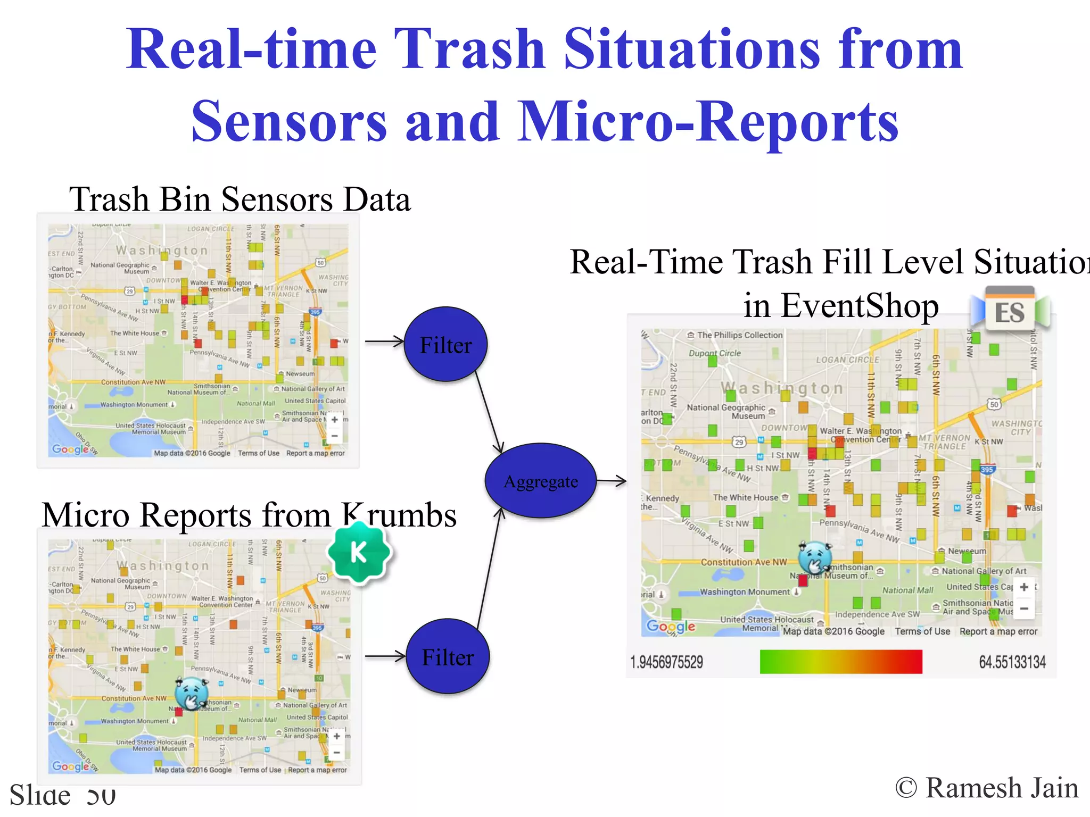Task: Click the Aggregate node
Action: [540, 481]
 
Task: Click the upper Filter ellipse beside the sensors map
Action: [445, 345]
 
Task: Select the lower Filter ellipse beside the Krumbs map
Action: [447, 657]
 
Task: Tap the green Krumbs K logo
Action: [359, 553]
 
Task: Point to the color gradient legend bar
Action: [840, 662]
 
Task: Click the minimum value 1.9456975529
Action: [666, 662]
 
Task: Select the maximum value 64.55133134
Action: [1012, 662]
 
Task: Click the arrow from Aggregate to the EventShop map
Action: [612, 481]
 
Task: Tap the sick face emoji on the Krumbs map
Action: [191, 693]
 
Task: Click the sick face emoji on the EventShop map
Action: [814, 557]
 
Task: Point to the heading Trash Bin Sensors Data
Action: [240, 199]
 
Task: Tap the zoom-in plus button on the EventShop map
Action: [1023, 587]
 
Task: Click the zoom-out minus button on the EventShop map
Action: [1023, 608]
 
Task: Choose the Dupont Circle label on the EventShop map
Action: [714, 353]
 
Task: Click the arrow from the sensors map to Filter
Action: [384, 341]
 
